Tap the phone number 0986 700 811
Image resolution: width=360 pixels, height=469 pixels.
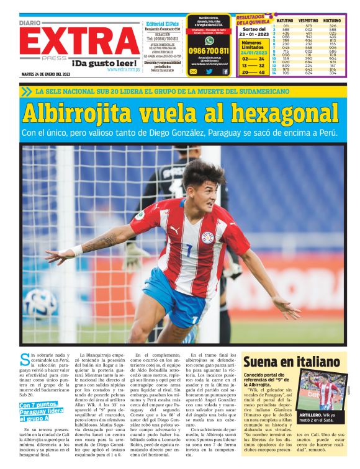click(209, 51)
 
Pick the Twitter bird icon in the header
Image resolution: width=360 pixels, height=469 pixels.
click(209, 71)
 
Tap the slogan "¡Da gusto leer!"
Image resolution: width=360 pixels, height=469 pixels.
click(106, 63)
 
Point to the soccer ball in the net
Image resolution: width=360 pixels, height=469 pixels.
click(41, 305)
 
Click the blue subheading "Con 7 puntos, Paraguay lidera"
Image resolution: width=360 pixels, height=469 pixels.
click(41, 412)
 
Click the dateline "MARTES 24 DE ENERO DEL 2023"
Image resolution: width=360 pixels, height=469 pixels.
click(47, 74)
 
